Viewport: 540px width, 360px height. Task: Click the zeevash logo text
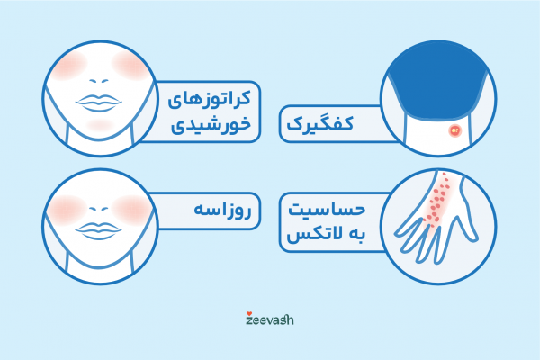click(269, 319)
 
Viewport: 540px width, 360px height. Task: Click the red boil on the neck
click(454, 131)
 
